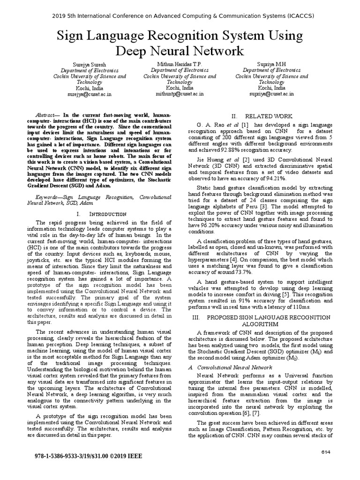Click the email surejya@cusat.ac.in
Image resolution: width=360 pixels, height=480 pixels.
[89, 94]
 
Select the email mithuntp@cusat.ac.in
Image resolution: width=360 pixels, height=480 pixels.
[180, 94]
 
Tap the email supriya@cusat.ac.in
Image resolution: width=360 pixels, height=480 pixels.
[271, 94]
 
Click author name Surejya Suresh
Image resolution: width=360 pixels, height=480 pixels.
[89, 64]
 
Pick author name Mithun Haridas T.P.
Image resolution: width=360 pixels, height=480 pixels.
[180, 64]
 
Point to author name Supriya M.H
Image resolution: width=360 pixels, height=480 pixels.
[271, 64]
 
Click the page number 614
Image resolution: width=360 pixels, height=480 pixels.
[326, 451]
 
